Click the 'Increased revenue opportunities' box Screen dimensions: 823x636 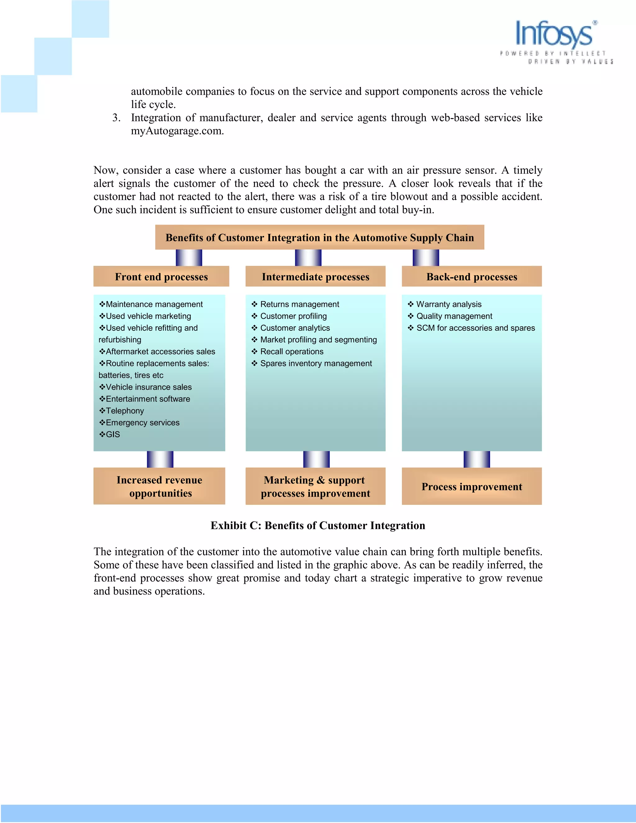tap(159, 486)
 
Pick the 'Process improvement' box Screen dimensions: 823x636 tap(472, 486)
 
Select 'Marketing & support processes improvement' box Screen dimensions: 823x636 tap(316, 486)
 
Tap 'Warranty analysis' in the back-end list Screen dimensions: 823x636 tap(449, 304)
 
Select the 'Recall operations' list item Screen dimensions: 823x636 tap(292, 352)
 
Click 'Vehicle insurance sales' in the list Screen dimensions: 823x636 tap(148, 387)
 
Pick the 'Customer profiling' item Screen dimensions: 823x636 tap(293, 316)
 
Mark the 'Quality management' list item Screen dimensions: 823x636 tap(454, 316)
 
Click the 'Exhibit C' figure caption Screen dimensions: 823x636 tap(318, 525)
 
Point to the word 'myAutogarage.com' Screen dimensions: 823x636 tap(177, 131)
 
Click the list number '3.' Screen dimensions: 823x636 tap(116, 118)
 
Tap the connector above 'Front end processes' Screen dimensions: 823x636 tap(189, 258)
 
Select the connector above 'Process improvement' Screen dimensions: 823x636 tap(477, 459)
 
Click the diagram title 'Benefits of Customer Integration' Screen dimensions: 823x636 tap(320, 237)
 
